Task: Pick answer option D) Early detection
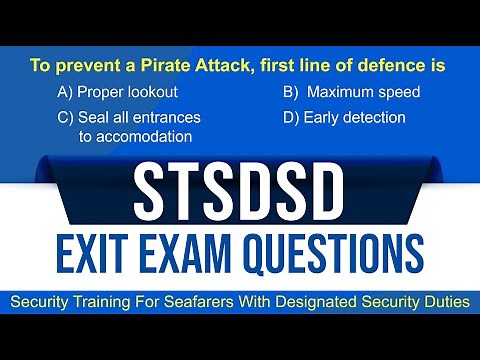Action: [344, 117]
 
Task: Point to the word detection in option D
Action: [370, 117]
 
